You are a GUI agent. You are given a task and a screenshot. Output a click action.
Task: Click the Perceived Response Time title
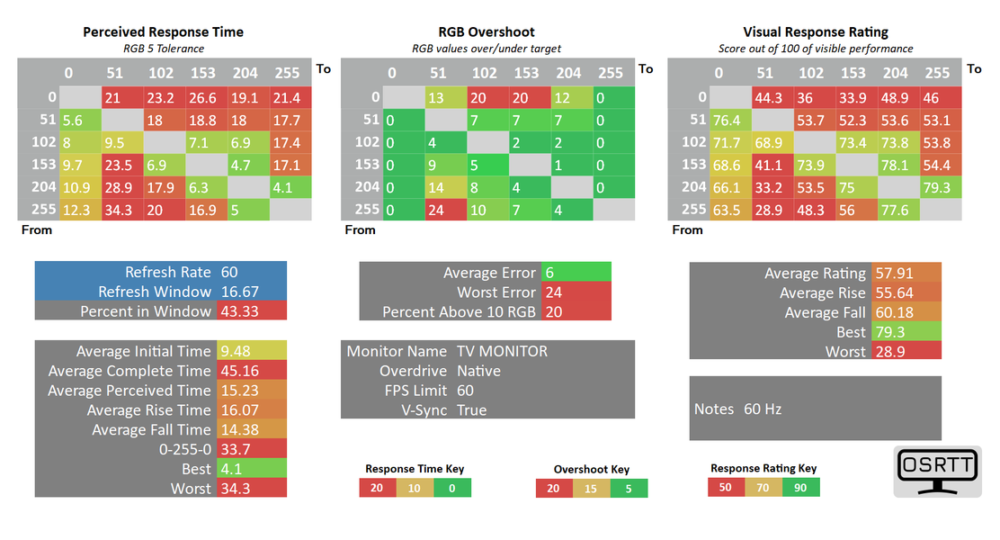[163, 31]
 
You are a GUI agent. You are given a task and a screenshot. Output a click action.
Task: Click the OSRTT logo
[937, 471]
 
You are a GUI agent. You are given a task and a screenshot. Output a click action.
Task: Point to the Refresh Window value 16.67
[238, 292]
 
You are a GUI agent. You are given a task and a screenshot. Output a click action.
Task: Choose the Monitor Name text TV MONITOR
[502, 351]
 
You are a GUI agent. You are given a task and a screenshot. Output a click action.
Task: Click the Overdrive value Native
[478, 371]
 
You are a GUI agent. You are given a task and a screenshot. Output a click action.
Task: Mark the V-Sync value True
[471, 410]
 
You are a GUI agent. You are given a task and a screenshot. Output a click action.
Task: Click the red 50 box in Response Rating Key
[726, 487]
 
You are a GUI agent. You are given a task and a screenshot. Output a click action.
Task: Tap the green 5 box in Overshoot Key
[629, 488]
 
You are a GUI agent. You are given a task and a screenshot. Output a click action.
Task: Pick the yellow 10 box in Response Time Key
[415, 488]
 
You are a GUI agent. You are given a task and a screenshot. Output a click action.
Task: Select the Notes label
[713, 409]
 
